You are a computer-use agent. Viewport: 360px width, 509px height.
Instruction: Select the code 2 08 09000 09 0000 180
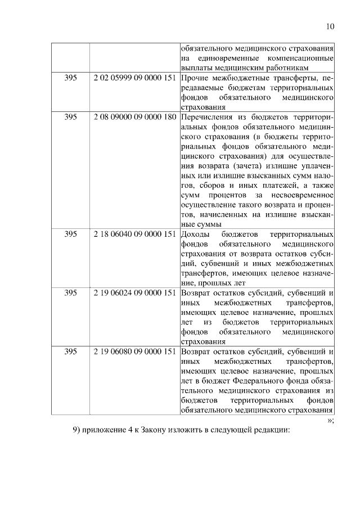pos(134,116)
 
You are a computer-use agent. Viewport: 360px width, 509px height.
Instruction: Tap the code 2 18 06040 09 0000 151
pos(134,233)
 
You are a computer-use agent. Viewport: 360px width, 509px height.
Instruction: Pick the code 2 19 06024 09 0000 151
pos(134,292)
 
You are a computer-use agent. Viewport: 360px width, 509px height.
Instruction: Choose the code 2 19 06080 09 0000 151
pos(134,351)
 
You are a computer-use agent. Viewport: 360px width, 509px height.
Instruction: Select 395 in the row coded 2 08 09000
pos(70,116)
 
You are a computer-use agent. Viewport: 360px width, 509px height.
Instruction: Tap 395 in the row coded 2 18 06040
pos(70,233)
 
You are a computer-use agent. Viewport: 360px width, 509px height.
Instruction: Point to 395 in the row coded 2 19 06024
pos(70,292)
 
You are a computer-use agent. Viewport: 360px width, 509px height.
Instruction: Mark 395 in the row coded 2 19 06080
pos(70,351)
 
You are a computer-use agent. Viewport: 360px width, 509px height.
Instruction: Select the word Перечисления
pos(205,116)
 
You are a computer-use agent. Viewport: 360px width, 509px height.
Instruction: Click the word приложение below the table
pos(107,430)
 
